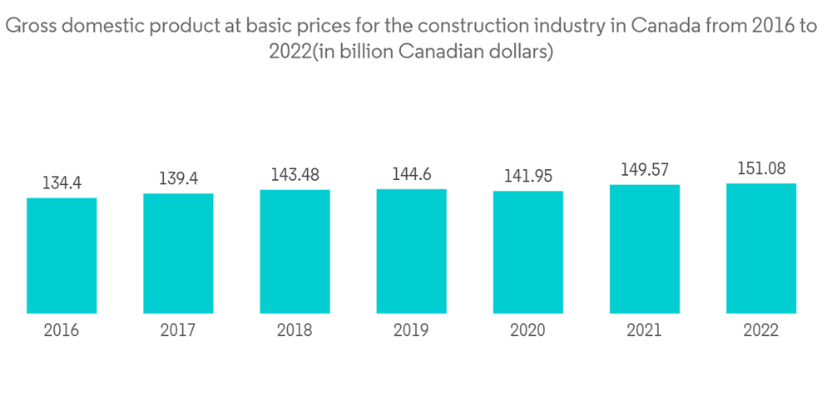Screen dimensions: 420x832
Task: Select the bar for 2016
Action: [62, 256]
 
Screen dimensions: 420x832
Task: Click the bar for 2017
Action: [178, 253]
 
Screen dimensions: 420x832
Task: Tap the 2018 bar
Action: [295, 252]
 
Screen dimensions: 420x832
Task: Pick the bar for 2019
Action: [411, 252]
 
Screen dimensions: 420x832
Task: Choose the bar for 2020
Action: [527, 252]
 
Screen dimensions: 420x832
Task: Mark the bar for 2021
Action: [644, 249]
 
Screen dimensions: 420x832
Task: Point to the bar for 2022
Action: [760, 248]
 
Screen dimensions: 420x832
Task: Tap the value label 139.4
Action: [178, 179]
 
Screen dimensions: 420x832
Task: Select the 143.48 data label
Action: [295, 175]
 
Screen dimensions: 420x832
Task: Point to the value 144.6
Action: [411, 175]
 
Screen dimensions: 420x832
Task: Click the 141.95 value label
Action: [527, 177]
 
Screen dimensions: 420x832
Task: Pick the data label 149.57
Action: [644, 170]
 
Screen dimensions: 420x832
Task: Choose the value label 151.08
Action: [760, 169]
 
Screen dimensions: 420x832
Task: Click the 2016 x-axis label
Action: [62, 331]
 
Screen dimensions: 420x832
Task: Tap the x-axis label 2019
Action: [411, 331]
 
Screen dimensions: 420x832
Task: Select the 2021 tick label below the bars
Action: [644, 331]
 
